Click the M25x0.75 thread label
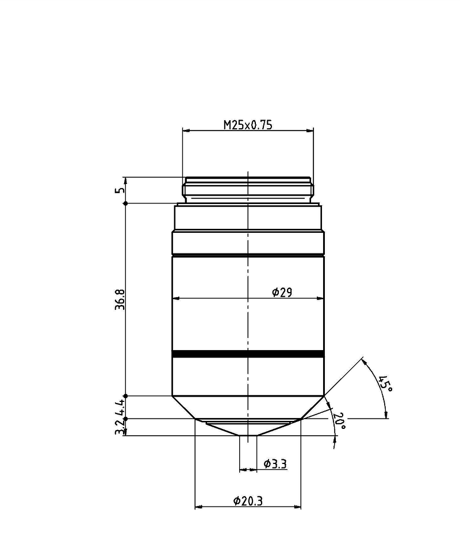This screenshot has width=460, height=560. pos(248,125)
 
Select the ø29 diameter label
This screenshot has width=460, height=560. pos(282,293)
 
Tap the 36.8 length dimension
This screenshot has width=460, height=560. pos(120,300)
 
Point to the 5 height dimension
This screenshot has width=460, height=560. pos(121,190)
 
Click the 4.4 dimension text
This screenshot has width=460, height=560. pos(120,406)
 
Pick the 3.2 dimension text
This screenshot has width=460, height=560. pos(120,427)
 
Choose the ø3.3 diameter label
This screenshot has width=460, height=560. pos(275,463)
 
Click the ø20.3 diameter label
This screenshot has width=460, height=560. pos(248,501)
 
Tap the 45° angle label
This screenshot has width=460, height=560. pos(386,383)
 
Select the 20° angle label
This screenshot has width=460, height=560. pos(339,421)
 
